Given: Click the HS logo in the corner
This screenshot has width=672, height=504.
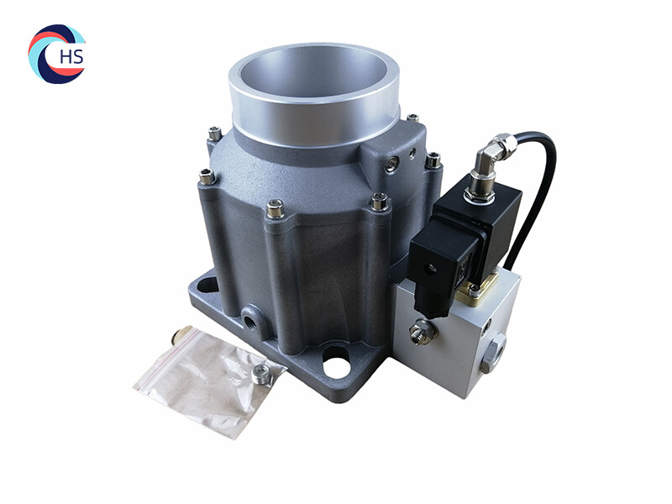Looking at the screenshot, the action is (x=57, y=54).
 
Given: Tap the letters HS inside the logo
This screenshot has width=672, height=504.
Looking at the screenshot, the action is (x=71, y=56).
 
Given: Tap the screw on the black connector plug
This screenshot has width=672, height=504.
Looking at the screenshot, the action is (x=431, y=268).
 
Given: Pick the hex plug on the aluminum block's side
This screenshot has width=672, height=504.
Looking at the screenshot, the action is (x=493, y=354).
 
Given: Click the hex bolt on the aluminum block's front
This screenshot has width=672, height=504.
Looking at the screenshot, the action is (x=417, y=333).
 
